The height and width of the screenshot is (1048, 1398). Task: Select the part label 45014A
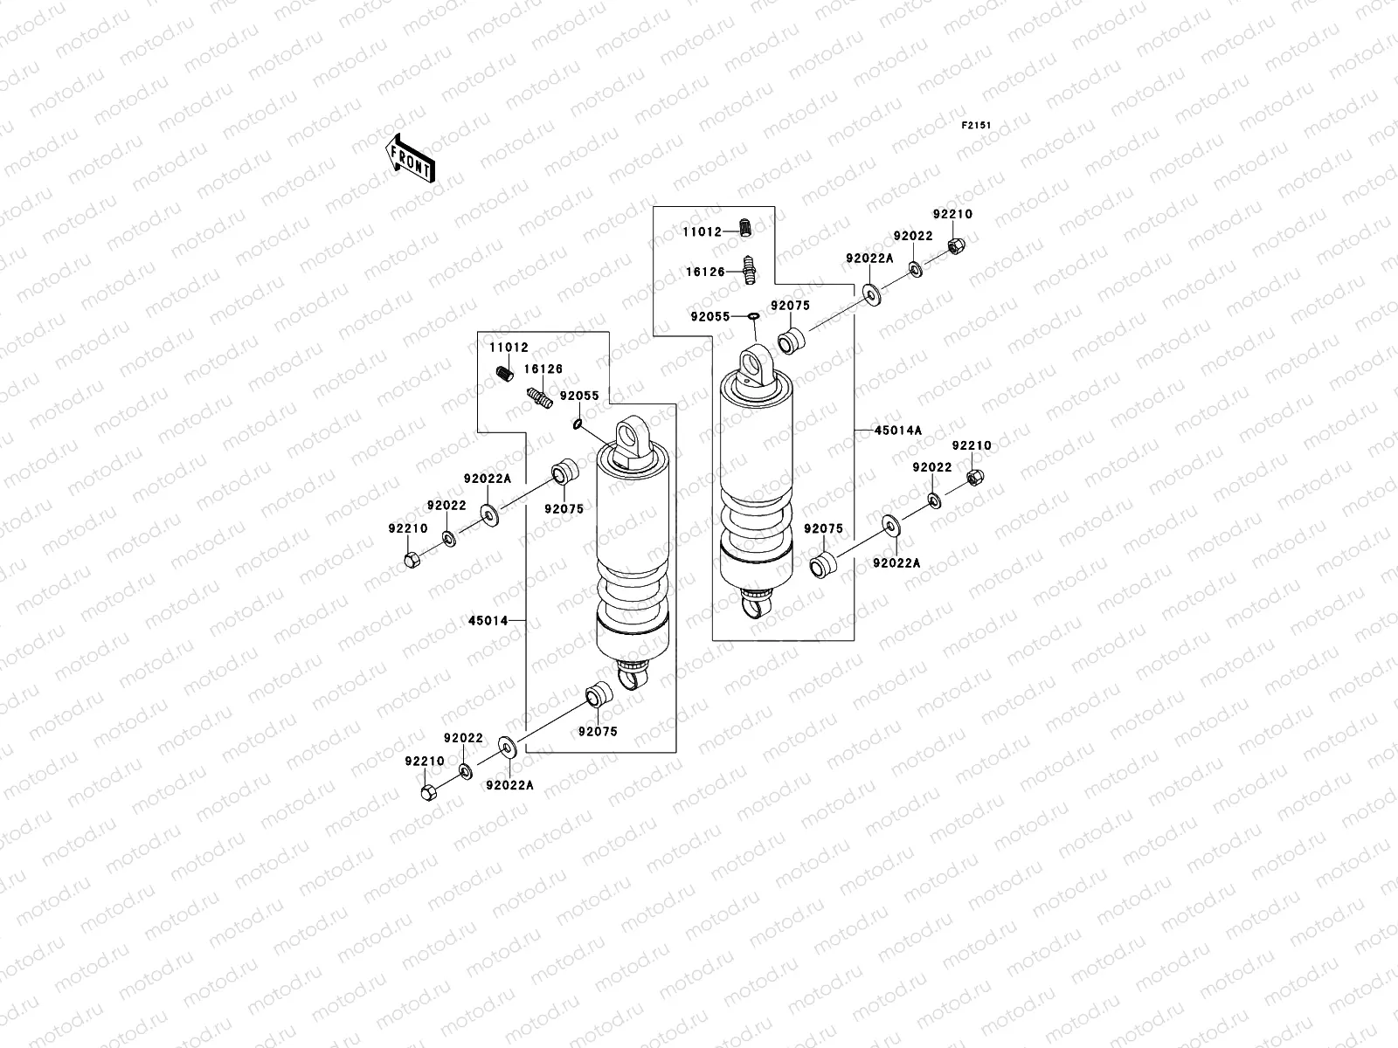pyautogui.click(x=897, y=430)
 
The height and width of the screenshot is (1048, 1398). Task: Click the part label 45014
pyautogui.click(x=488, y=620)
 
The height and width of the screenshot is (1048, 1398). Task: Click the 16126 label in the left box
pyautogui.click(x=543, y=369)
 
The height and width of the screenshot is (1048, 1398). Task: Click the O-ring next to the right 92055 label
pyautogui.click(x=751, y=315)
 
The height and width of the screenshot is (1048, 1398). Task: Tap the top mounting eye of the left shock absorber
pyautogui.click(x=630, y=434)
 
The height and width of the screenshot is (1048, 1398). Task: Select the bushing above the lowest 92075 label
pyautogui.click(x=599, y=696)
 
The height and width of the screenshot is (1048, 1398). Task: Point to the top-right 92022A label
pyautogui.click(x=869, y=258)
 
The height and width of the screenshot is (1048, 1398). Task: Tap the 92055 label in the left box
pyautogui.click(x=579, y=396)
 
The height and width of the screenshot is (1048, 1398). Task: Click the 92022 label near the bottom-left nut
pyautogui.click(x=462, y=738)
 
